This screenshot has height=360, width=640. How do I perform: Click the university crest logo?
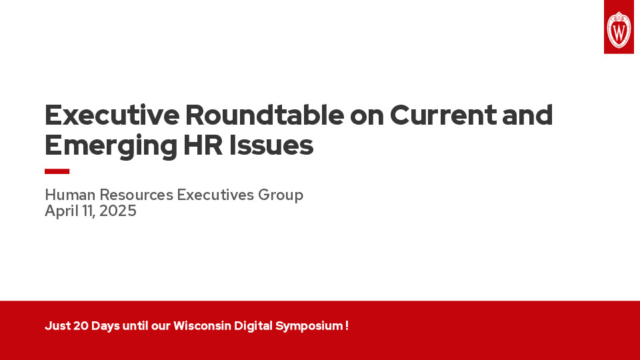coord(619,28)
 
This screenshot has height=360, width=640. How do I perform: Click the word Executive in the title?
coord(112,115)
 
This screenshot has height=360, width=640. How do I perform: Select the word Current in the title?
coord(443,115)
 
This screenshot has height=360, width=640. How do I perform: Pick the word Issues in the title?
coord(273,145)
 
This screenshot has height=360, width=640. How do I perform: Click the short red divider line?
coord(57,171)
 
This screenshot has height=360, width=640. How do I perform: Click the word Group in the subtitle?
coord(283,195)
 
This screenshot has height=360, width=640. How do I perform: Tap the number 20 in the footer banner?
coord(80,326)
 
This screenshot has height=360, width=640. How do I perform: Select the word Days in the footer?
coord(105,326)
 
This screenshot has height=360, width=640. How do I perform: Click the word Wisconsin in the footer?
coord(202,326)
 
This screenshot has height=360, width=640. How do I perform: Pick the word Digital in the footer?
coord(253,326)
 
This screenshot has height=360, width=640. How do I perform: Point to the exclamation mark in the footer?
coord(347,326)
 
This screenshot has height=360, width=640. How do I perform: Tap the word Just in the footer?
coord(57,326)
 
